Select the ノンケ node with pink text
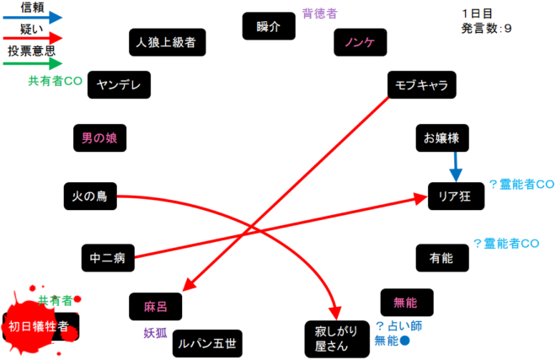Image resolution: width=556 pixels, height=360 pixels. click(361, 41)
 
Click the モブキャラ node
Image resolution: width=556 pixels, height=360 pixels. click(421, 84)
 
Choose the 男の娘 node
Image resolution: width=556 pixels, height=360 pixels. click(99, 138)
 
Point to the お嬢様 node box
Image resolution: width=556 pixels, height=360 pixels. click(441, 138)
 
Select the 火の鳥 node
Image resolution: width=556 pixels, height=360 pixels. click(89, 196)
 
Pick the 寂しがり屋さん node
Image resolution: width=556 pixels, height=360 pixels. click(335, 336)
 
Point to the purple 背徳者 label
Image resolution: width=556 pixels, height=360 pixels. click(320, 13)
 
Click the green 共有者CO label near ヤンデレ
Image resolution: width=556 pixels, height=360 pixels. click(56, 82)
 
